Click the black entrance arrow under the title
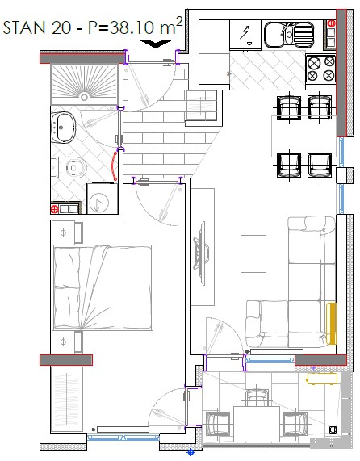tap(156, 44)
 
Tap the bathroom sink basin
tap(64, 127)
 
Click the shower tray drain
tap(85, 97)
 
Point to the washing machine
tap(103, 199)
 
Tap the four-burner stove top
tap(320, 69)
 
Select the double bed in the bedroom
tap(103, 287)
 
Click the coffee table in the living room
tap(253, 254)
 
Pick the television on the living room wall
tap(201, 254)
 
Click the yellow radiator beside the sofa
tap(331, 324)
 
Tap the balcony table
tap(257, 424)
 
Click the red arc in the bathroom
tap(114, 165)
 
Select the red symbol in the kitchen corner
tap(331, 23)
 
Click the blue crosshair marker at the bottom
tap(190, 451)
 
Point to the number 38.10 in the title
tap(132, 27)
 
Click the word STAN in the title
tap(24, 27)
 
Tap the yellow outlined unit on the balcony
tap(322, 379)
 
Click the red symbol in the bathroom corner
tap(54, 209)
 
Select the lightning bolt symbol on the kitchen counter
tap(245, 32)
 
